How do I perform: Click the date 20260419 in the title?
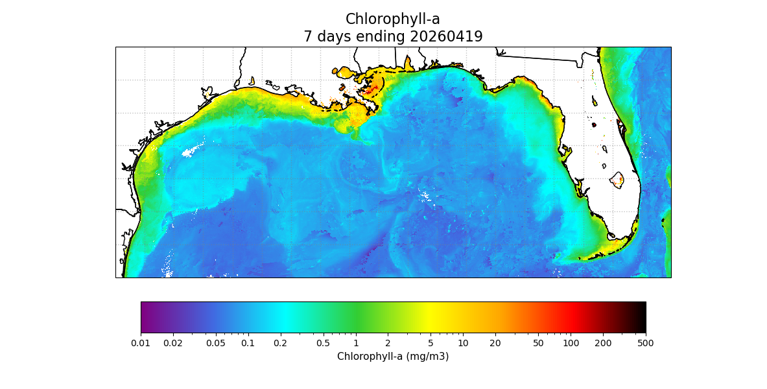pos(446,36)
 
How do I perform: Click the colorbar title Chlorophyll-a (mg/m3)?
pos(393,357)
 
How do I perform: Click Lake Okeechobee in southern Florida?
pos(616,180)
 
